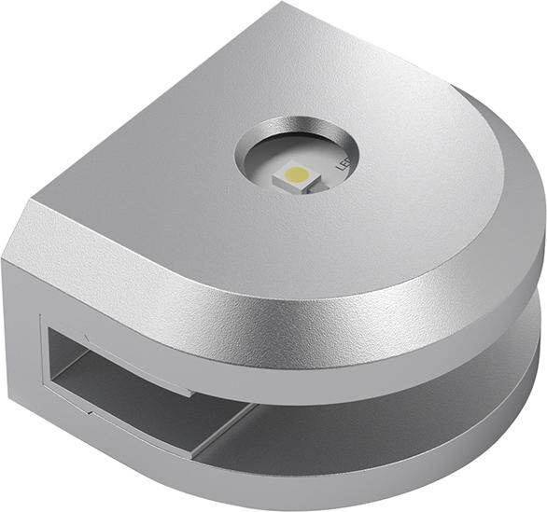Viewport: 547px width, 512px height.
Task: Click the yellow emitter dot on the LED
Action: [x=294, y=173]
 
